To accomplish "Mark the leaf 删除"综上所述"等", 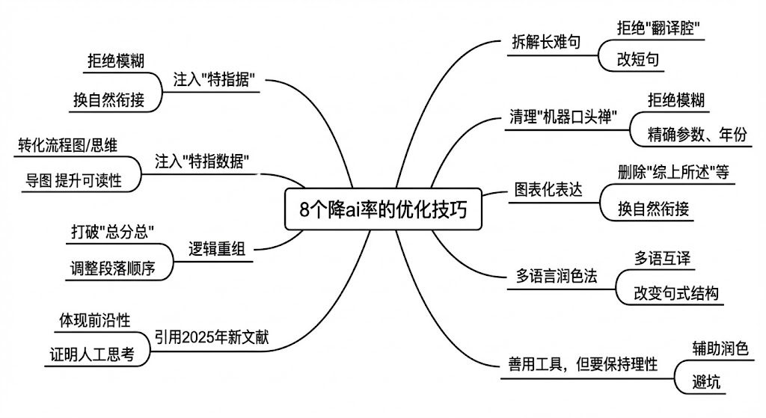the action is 673,171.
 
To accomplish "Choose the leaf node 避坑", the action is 707,382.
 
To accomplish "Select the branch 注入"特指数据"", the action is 201,161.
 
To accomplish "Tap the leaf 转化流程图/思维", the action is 67,144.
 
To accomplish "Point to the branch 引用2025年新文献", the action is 211,338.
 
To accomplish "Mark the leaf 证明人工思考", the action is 92,354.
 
